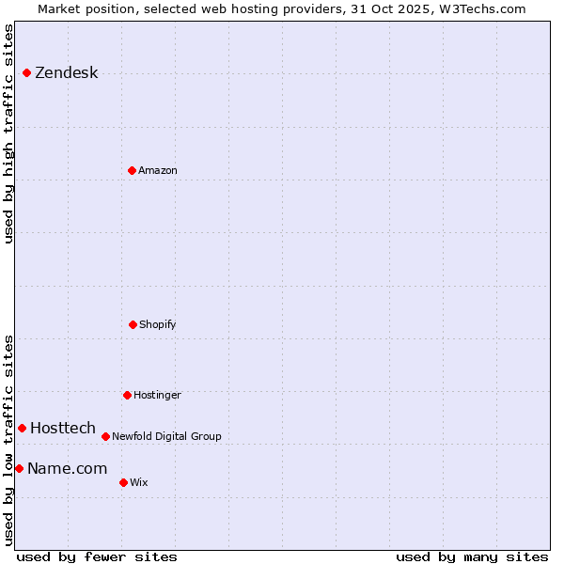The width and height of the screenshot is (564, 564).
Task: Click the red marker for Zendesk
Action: pos(26,72)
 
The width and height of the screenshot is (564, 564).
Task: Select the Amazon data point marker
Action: pos(132,170)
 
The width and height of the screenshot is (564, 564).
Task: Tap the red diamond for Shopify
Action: pos(133,324)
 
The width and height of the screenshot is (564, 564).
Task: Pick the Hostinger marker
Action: pos(127,395)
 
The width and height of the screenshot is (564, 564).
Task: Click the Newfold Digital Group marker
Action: pos(105,436)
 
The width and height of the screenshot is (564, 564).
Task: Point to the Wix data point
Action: pos(123,482)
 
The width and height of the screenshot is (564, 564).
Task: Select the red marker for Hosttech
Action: pos(22,428)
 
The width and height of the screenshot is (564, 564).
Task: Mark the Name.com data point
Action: pos(19,468)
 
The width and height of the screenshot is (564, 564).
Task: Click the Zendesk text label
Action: pos(66,73)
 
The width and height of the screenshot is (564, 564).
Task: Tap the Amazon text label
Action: pos(158,170)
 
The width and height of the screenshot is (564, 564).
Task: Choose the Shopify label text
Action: pos(158,324)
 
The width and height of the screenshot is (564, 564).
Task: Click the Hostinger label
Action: pos(157,395)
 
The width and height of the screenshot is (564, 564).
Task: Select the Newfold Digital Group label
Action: pos(166,436)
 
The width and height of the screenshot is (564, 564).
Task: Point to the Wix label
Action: pos(139,482)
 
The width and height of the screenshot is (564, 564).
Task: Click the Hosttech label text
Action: pos(63,428)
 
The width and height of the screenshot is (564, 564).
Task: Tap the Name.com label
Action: pos(67,468)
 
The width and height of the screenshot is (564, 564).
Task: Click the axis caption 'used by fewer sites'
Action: pos(97,556)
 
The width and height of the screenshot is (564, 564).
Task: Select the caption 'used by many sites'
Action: pos(472,556)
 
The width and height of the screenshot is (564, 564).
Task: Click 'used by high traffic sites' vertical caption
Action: pos(8,133)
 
